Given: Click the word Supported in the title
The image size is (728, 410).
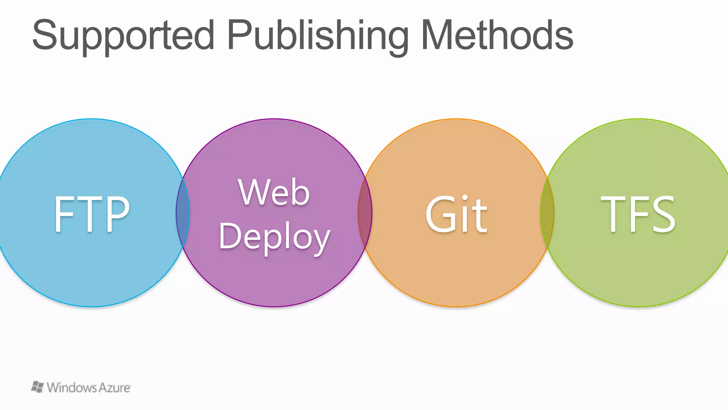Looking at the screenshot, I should (x=123, y=36).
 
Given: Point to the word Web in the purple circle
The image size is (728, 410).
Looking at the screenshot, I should (x=274, y=192).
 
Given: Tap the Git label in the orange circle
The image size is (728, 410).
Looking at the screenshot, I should (x=456, y=214).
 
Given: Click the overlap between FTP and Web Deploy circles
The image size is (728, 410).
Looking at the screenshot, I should (x=183, y=213).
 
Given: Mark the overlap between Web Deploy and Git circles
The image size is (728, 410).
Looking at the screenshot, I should (x=365, y=213).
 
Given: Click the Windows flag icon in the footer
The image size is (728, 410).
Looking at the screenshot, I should (x=37, y=387).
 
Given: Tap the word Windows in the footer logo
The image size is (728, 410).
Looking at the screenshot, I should (x=71, y=388).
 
